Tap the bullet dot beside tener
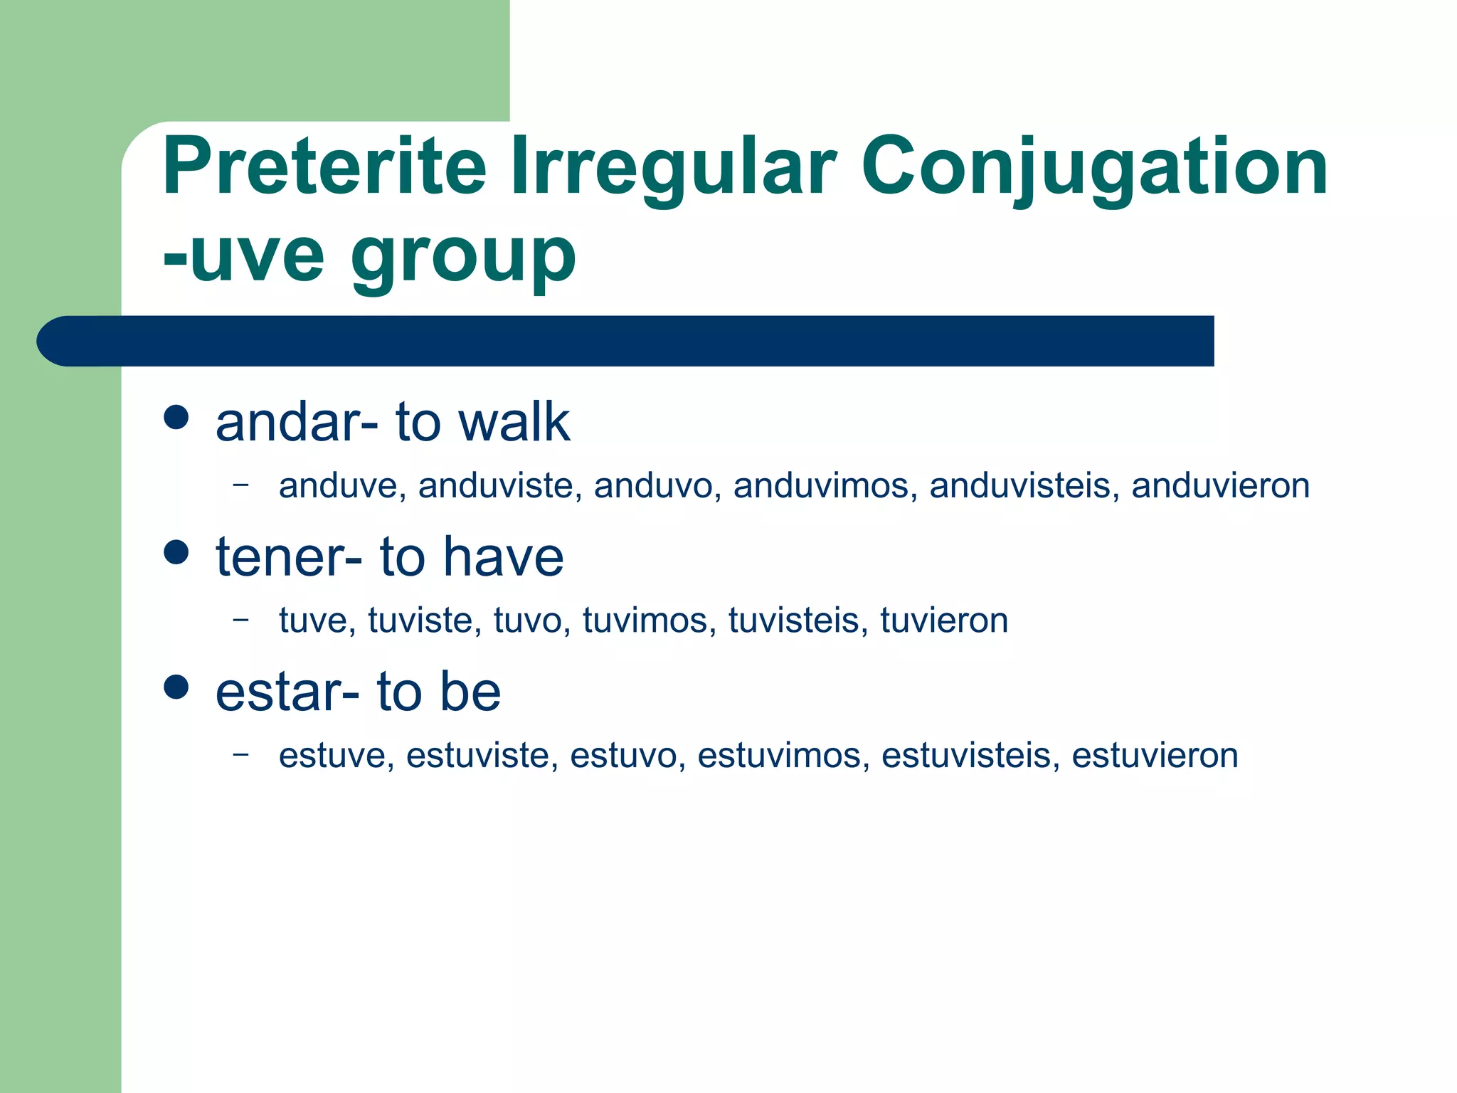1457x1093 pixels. (x=176, y=551)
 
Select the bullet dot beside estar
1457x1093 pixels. (x=176, y=687)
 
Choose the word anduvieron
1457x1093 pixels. (x=1220, y=486)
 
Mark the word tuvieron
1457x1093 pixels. (x=944, y=621)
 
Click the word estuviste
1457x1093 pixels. (x=481, y=756)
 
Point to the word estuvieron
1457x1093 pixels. (x=1154, y=756)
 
